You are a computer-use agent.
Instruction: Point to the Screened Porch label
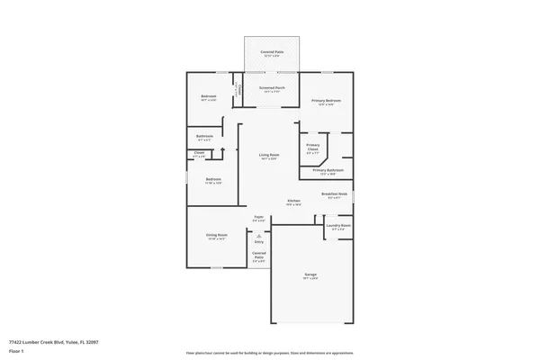click(271, 88)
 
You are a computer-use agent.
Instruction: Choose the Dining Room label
click(217, 235)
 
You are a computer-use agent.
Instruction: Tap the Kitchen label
click(293, 201)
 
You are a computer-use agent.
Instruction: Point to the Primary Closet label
click(312, 147)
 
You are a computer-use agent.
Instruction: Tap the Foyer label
click(258, 218)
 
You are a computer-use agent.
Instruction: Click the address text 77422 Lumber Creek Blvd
click(53, 342)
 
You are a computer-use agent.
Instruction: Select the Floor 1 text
click(15, 351)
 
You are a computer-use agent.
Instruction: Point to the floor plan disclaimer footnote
click(270, 354)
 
